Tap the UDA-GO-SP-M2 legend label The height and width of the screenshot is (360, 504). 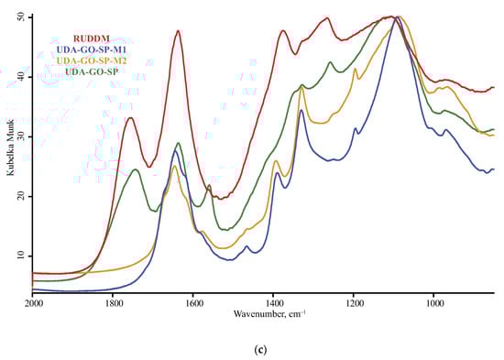pos(94,60)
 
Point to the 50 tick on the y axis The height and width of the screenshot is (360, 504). pos(24,17)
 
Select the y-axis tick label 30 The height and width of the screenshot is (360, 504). pos(24,136)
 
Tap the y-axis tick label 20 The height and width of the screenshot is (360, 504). pos(24,196)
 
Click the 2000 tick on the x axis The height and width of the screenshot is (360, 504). pos(34,302)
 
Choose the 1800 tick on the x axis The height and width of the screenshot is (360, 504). pos(114,302)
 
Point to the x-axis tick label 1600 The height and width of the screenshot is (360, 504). pos(193,302)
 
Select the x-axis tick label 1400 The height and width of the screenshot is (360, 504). pos(273,302)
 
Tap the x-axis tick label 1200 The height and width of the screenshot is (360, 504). pos(354,302)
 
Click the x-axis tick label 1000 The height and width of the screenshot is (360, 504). pos(433,302)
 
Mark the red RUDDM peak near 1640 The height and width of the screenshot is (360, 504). pos(178,31)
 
